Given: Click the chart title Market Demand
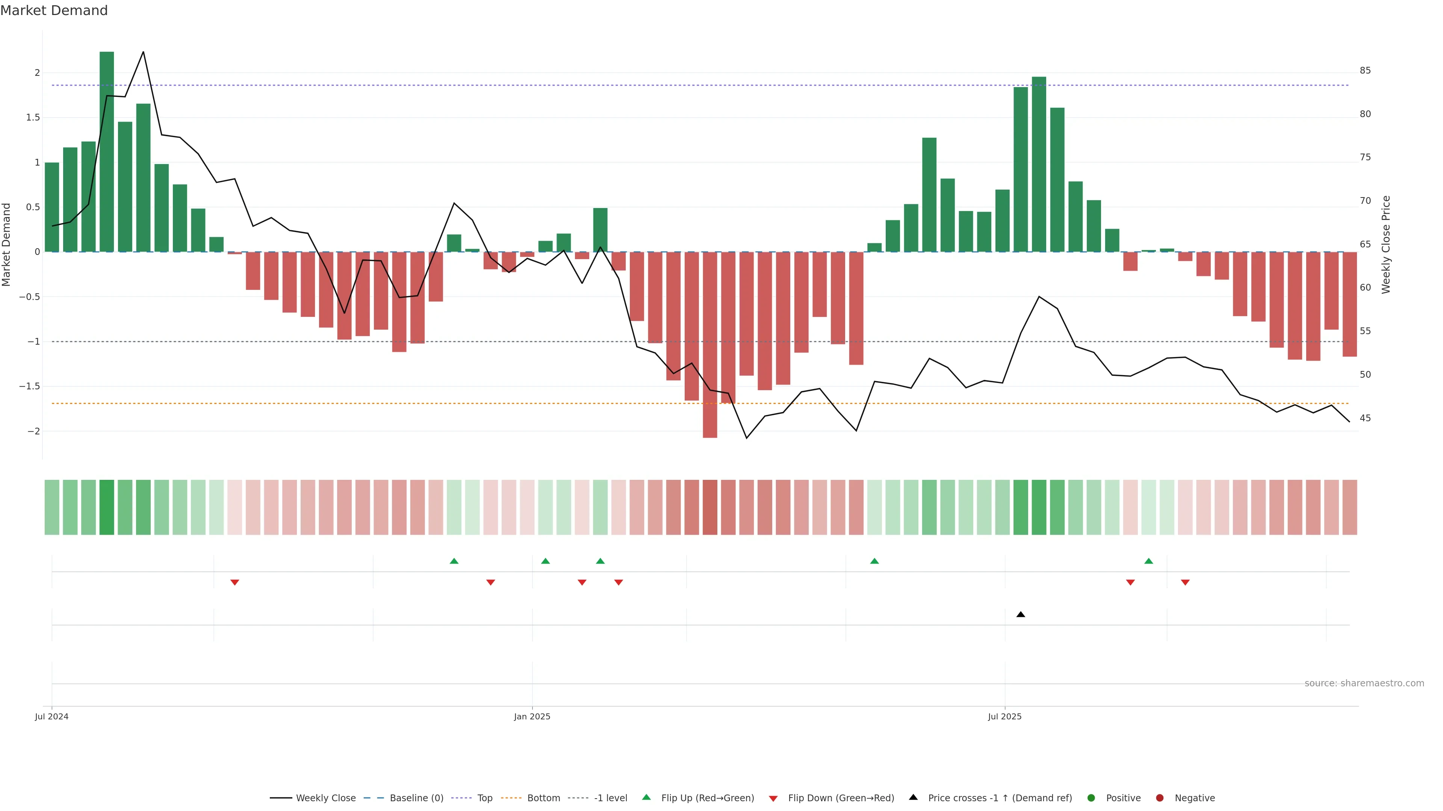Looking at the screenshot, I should coord(54,11).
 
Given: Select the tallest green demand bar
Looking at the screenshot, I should coord(106,151).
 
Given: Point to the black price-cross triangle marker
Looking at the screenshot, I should coord(1021,615).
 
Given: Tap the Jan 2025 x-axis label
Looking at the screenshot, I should coord(532,716).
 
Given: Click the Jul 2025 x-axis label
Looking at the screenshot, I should coord(1004,716).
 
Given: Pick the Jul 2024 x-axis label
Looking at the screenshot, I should coord(51,716).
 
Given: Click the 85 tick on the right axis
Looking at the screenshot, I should coord(1365,71).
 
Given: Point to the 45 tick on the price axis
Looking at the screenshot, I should coord(1365,418).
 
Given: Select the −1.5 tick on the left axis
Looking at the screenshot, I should coord(29,386).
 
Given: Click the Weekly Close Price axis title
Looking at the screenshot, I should coord(1386,244).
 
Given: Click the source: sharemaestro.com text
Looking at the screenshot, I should coord(1364,683).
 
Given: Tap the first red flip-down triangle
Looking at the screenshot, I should coord(235,583).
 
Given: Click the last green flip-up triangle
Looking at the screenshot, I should coord(1148,561).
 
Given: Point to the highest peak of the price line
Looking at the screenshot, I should coord(144,52).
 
